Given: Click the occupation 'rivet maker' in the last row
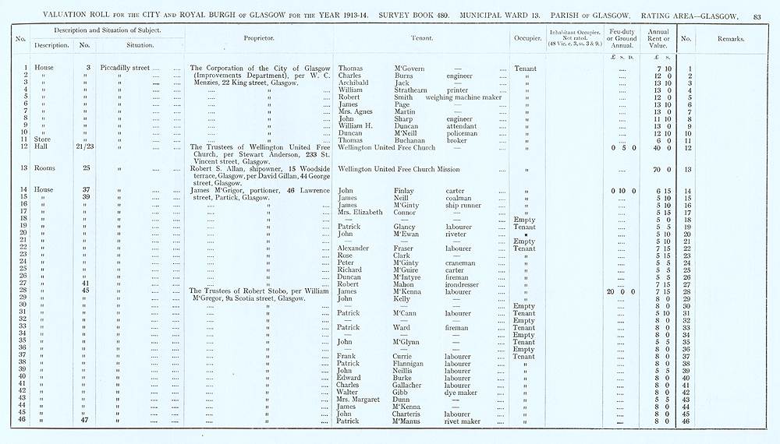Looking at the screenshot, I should (x=462, y=421).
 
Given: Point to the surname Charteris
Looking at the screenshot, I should (x=412, y=414).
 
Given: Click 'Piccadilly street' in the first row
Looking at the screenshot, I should (x=125, y=68).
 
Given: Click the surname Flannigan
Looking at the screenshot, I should (x=414, y=364).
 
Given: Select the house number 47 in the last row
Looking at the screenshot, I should (x=85, y=421).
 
